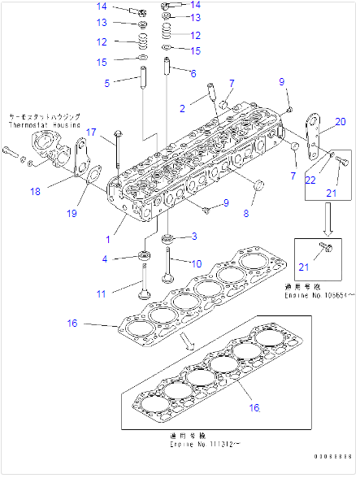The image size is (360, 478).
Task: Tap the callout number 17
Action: pyautogui.click(x=92, y=133)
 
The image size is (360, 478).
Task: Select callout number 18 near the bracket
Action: pyautogui.click(x=58, y=192)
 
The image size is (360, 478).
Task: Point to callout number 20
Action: pyautogui.click(x=340, y=122)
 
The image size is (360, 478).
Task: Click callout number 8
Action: pyautogui.click(x=245, y=215)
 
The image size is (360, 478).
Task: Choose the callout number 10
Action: pyautogui.click(x=195, y=263)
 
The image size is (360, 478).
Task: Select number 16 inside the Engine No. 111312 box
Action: pyautogui.click(x=254, y=406)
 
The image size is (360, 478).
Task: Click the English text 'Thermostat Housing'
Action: pyautogui.click(x=45, y=126)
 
